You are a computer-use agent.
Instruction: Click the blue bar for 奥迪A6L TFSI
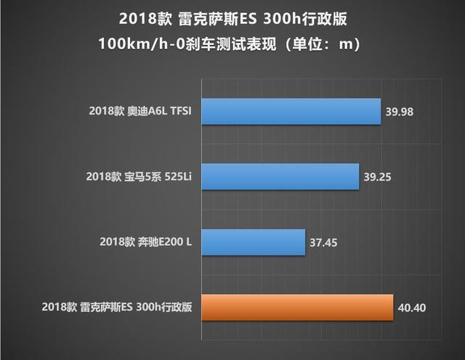[x=291, y=112]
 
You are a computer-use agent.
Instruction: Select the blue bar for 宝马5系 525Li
[x=280, y=176]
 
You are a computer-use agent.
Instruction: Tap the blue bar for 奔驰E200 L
[x=252, y=242]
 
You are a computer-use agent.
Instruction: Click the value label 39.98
[x=401, y=112]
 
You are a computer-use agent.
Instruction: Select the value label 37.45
[x=324, y=242]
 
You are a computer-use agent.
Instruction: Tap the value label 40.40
[x=412, y=307]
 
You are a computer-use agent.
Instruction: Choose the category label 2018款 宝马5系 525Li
[x=138, y=177]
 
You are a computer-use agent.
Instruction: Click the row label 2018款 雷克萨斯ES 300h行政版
[x=117, y=307]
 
